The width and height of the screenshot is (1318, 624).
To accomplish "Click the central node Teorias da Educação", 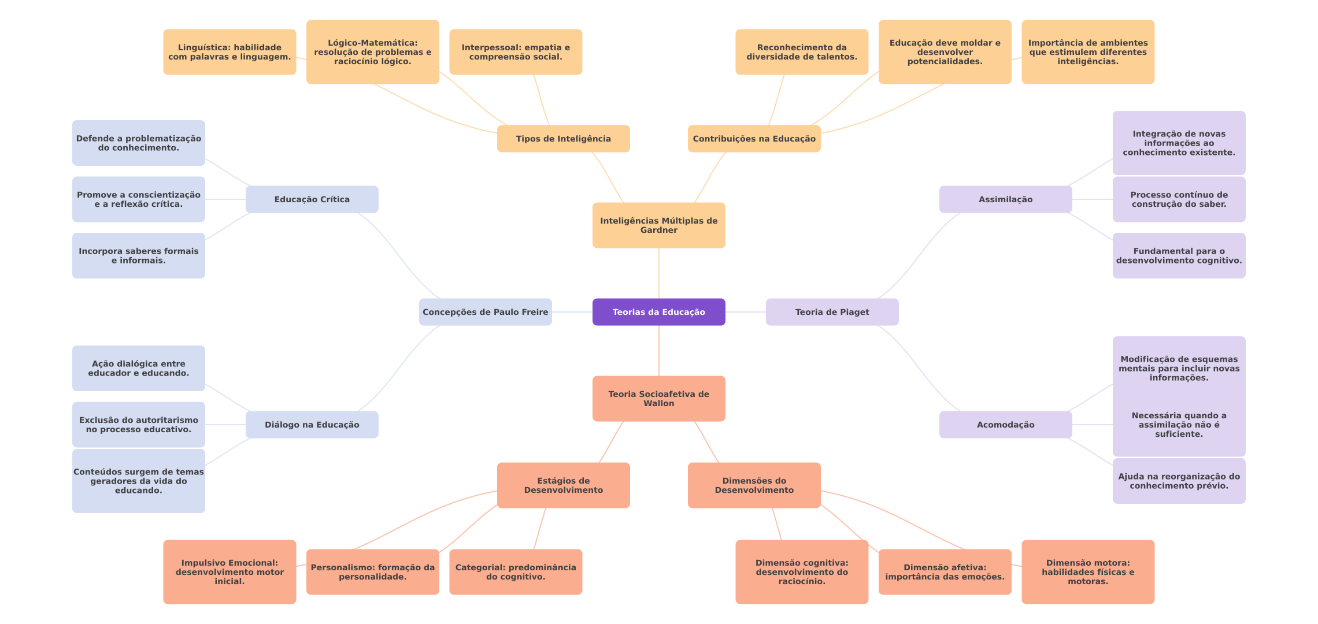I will [x=658, y=312].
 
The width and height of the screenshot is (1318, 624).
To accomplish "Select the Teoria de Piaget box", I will [x=832, y=312].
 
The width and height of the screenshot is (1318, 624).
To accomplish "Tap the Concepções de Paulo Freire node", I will [x=485, y=312].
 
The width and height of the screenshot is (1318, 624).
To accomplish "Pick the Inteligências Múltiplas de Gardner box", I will [x=658, y=225].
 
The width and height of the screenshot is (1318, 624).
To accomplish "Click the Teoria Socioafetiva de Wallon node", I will [x=658, y=399].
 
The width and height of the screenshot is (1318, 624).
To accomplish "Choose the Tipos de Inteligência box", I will [x=563, y=139].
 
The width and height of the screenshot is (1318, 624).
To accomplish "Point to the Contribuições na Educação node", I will [x=754, y=139].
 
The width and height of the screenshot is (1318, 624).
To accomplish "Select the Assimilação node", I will [x=1005, y=199].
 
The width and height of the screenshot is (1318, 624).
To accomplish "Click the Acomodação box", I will [x=1005, y=425].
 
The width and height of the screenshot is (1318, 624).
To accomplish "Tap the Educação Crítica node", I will [x=312, y=199].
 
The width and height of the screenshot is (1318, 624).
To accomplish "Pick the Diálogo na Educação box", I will [x=312, y=425].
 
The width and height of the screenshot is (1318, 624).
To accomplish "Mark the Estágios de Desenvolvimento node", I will [x=563, y=485].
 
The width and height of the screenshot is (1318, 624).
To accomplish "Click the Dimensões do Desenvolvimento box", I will [x=754, y=485].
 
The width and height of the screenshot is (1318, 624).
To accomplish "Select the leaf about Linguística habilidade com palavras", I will [x=229, y=52].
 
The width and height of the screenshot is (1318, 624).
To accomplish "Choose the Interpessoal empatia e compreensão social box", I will [x=516, y=52].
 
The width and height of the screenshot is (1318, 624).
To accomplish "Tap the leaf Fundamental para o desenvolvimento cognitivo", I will [x=1179, y=255].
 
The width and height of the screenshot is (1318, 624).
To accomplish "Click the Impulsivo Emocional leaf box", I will [x=229, y=572].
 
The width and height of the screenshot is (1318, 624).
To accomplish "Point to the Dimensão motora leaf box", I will [x=1088, y=572].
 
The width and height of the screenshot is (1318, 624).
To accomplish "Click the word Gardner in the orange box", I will [x=658, y=231].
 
